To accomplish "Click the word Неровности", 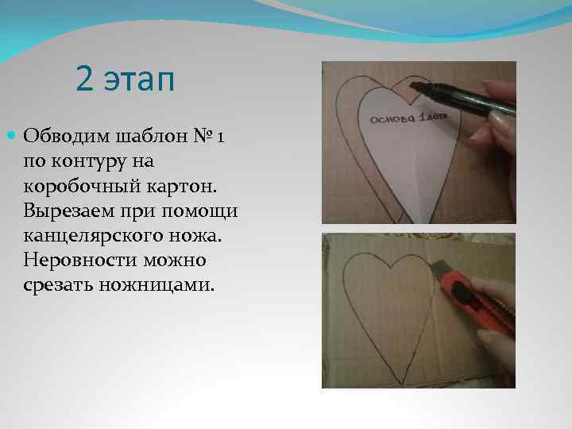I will point(75,260).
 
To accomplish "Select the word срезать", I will point(56,284).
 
